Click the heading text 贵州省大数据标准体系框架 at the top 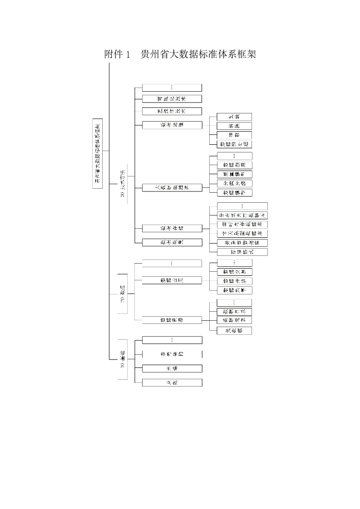[x=199, y=55]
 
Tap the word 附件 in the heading [x=113, y=55]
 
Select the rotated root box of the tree [x=97, y=151]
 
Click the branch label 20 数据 [x=122, y=294]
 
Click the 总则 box [x=172, y=382]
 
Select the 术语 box [x=172, y=368]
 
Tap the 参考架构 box [x=172, y=354]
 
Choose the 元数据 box [x=234, y=331]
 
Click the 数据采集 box [x=172, y=242]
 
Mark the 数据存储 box [x=172, y=228]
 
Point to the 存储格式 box [x=242, y=252]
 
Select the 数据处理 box [x=172, y=125]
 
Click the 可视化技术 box [x=172, y=98]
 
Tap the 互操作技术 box [x=172, y=111]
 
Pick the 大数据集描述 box [x=172, y=187]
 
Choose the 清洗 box [x=234, y=126]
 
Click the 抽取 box [x=234, y=135]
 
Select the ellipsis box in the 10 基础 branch [x=172, y=340]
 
